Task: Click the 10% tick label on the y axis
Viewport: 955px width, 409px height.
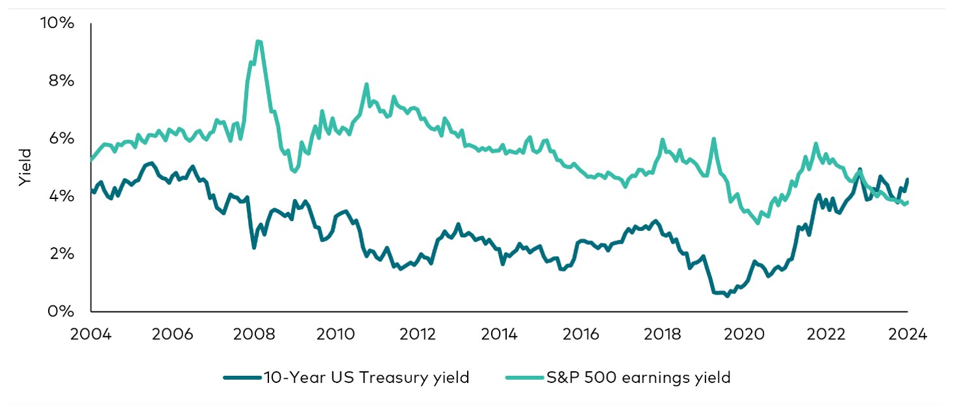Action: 58,23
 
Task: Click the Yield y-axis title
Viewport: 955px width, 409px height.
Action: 25,168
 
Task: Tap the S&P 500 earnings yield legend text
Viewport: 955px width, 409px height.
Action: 639,378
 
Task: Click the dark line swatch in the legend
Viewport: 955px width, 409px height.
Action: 242,378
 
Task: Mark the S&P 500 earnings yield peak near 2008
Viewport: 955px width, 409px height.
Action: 259,42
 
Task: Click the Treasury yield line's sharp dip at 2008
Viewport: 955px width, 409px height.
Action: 254,247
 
